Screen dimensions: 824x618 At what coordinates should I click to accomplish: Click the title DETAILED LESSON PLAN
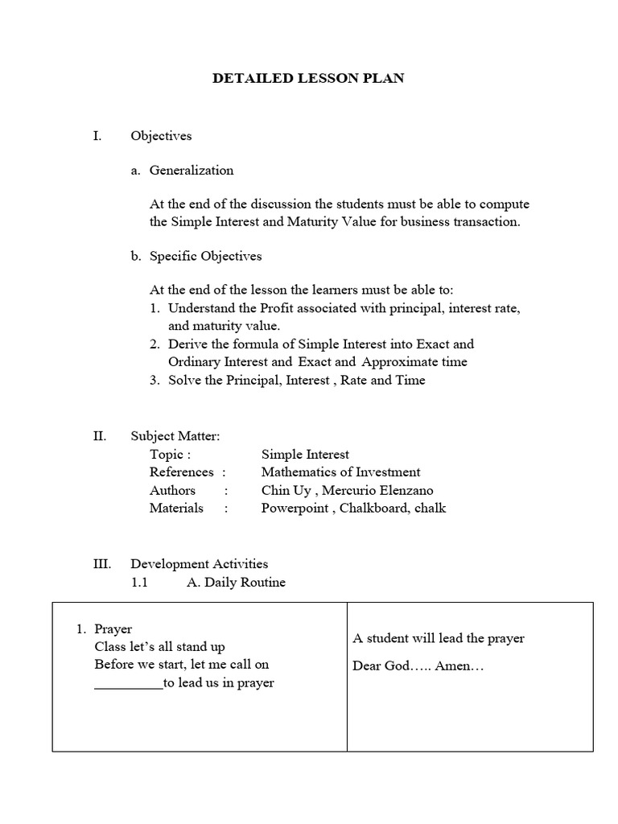tap(308, 78)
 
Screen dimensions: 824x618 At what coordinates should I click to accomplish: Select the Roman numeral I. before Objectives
tap(97, 136)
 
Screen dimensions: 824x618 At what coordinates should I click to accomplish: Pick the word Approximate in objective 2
tap(395, 361)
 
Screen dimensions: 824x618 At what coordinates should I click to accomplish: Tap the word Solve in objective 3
tap(185, 380)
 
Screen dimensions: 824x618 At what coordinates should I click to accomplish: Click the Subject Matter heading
tap(175, 436)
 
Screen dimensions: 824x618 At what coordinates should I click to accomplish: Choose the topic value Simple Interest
tap(305, 454)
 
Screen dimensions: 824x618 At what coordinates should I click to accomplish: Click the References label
tap(182, 472)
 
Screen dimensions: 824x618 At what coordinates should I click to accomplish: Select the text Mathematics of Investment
tap(340, 472)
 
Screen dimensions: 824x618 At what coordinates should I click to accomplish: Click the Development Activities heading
tap(200, 564)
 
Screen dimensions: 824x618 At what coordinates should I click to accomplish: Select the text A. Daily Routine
tap(236, 582)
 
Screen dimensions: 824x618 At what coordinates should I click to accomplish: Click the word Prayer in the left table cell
tap(113, 628)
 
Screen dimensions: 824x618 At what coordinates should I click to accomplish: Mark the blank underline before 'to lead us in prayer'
tap(128, 684)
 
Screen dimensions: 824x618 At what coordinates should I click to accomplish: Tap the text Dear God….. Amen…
tap(418, 666)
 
